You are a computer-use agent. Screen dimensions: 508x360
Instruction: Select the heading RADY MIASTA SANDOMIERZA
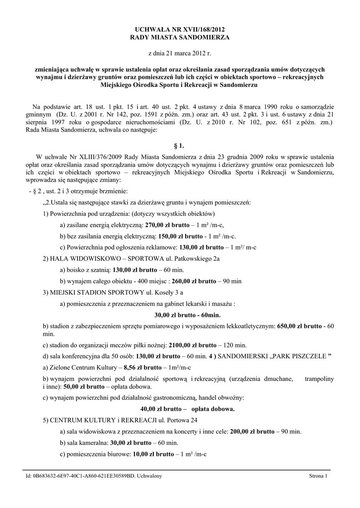pyautogui.click(x=180, y=37)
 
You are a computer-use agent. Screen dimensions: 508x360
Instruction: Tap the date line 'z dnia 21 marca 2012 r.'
pyautogui.click(x=180, y=53)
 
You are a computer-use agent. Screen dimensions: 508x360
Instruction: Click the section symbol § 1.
pyautogui.click(x=180, y=146)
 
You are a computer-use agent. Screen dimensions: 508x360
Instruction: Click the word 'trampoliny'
pyautogui.click(x=319, y=379)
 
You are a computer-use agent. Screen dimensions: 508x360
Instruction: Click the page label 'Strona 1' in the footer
pyautogui.click(x=318, y=476)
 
